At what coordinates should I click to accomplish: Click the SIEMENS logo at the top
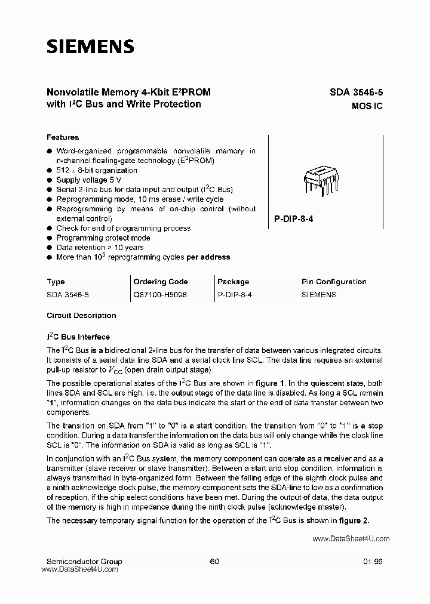point(90,47)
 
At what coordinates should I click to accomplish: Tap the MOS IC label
point(367,106)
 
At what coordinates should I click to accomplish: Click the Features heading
point(63,137)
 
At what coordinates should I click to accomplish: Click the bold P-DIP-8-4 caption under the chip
point(294,219)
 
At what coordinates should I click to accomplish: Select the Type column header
point(56,282)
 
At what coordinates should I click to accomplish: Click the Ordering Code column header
point(160,282)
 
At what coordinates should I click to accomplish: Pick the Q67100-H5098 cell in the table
point(160,295)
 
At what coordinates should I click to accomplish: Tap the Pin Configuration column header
point(334,282)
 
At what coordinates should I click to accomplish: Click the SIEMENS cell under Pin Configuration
point(319,295)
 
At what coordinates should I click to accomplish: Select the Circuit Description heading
point(81,316)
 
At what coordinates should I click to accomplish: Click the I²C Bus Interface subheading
point(78,337)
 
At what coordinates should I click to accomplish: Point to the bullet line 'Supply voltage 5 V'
point(89,180)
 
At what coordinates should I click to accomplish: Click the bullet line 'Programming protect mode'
point(103,238)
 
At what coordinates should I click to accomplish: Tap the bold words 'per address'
point(208,257)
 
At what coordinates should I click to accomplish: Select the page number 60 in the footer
point(214,562)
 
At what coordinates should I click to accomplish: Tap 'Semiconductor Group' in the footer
point(84,562)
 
